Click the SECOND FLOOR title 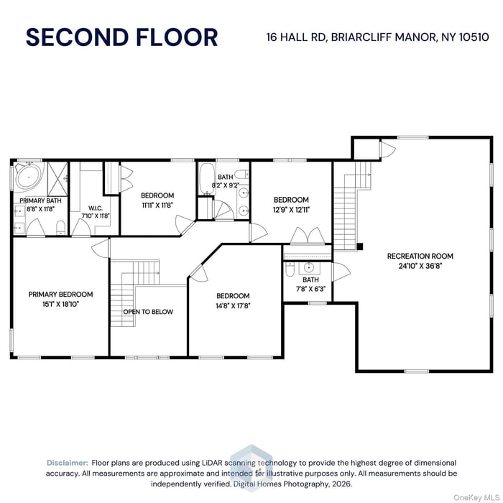(x=121, y=37)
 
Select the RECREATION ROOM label (x=420, y=256)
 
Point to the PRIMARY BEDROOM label (x=60, y=294)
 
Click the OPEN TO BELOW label (x=148, y=312)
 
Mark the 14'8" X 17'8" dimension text (x=233, y=305)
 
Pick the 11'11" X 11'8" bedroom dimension (x=157, y=205)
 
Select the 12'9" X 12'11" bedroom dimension (x=291, y=210)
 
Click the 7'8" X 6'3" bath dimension (x=310, y=289)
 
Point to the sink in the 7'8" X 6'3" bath (x=310, y=267)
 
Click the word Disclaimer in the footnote (x=68, y=463)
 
